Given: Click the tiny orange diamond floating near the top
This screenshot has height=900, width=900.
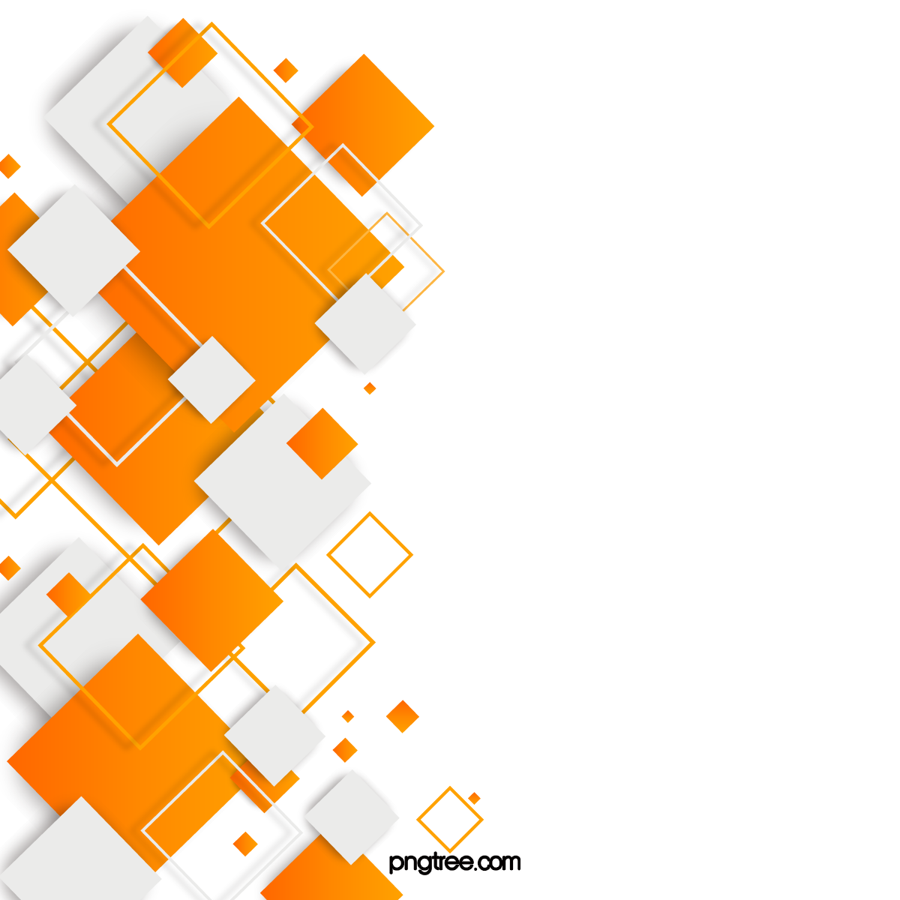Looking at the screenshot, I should (x=286, y=70).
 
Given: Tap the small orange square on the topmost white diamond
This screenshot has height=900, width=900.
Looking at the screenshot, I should (x=182, y=52).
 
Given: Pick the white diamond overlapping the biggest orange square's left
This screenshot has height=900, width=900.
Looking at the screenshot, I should (x=73, y=250).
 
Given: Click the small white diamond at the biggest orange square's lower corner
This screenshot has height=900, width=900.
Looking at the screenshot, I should (x=211, y=379).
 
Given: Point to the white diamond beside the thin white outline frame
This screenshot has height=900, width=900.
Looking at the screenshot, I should (x=365, y=324).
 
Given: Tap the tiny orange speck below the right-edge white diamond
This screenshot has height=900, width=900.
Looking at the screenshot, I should (x=370, y=388).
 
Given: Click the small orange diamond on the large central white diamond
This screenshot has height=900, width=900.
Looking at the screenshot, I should (x=322, y=443).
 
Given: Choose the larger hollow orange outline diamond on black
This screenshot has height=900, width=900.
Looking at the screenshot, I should (x=370, y=555).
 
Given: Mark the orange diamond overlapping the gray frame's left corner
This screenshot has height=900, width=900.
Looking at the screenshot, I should (x=212, y=601).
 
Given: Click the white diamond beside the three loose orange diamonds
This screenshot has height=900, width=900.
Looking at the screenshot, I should (x=274, y=735).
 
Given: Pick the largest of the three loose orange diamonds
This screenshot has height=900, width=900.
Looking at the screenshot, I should (x=403, y=716).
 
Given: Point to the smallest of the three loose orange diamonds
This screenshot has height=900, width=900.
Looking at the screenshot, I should (x=348, y=717).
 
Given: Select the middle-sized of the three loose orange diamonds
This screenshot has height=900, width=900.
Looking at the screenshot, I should (x=345, y=750).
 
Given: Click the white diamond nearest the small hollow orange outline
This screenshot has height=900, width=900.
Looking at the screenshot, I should (x=351, y=816).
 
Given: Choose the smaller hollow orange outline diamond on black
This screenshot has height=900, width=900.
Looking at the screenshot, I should (x=450, y=819).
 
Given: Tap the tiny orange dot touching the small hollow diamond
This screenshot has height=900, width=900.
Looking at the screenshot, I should (x=474, y=798).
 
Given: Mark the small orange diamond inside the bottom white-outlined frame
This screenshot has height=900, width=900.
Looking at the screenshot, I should (x=244, y=843).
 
